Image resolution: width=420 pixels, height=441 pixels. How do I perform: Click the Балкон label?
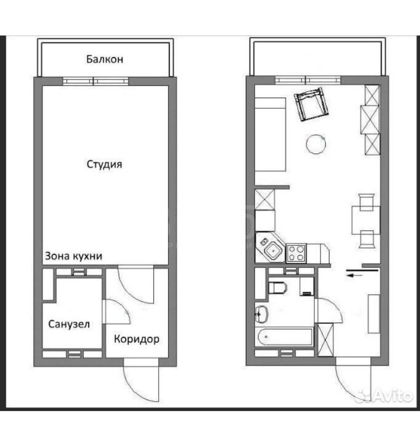pyautogui.click(x=105, y=59)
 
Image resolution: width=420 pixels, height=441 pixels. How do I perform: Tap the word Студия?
pyautogui.click(x=105, y=165)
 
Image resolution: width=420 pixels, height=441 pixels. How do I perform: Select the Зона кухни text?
pyautogui.click(x=73, y=256)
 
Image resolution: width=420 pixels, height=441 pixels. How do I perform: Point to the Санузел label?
pyautogui.click(x=69, y=324)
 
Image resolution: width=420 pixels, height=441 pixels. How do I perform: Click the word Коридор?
pyautogui.click(x=136, y=340)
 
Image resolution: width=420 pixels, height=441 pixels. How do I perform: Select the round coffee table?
pyautogui.click(x=316, y=144)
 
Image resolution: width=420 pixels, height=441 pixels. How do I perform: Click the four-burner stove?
pyautogui.click(x=296, y=253)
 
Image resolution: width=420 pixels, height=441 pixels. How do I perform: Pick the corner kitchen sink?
pyautogui.click(x=270, y=248)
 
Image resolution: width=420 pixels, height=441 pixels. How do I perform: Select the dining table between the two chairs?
pyautogui.click(x=366, y=220)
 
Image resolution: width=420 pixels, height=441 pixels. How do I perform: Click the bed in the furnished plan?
pyautogui.click(x=270, y=135)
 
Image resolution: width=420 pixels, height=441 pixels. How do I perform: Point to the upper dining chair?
pyautogui.click(x=367, y=202)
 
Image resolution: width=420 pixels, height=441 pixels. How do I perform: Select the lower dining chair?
pyautogui.click(x=367, y=239)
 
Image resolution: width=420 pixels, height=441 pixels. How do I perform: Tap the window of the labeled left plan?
pyautogui.click(x=96, y=81)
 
